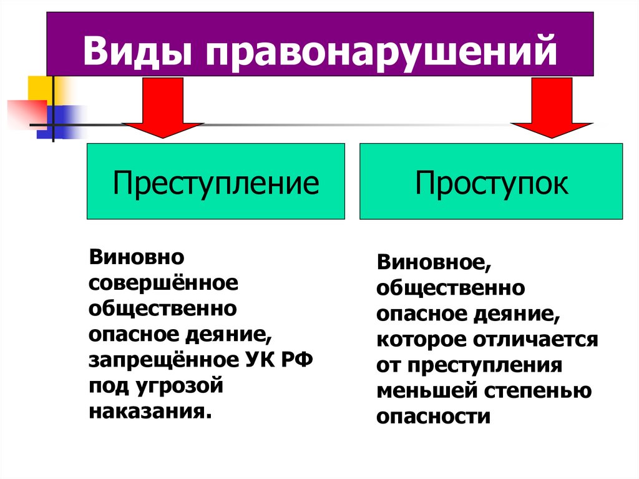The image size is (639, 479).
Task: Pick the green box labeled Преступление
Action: pos(215,182)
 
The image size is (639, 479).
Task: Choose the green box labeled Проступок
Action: pos(491,182)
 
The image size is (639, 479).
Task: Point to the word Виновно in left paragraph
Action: pos(135,256)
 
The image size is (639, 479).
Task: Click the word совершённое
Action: pos(163,282)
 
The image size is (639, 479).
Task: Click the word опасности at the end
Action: pos(433,417)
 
